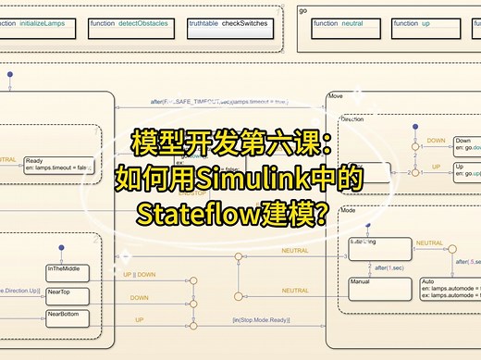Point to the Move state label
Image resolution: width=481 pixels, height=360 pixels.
335,96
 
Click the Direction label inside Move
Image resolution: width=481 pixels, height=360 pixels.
351,119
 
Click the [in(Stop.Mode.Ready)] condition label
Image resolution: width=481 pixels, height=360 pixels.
268,320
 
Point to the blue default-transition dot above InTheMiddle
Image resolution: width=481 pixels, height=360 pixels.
61,248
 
